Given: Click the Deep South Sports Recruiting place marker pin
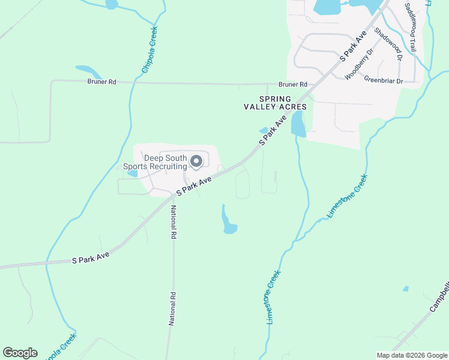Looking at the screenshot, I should click(x=196, y=161).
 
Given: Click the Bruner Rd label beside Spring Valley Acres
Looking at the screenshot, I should click(x=292, y=85).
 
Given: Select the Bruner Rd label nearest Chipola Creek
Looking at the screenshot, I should click(x=101, y=82).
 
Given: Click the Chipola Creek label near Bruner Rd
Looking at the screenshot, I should click(x=149, y=50).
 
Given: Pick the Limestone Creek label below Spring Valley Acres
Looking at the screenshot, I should click(x=347, y=196).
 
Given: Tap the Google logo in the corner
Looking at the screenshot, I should click(x=20, y=353).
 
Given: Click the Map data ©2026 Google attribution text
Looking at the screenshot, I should click(x=411, y=355).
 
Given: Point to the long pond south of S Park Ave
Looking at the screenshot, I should click(x=228, y=221).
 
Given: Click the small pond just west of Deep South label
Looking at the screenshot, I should click(x=132, y=173).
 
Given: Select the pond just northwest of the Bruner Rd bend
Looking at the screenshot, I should click(x=88, y=71).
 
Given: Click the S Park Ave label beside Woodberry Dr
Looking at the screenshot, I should click(x=353, y=47).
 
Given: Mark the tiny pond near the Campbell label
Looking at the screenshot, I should click(x=406, y=289).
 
